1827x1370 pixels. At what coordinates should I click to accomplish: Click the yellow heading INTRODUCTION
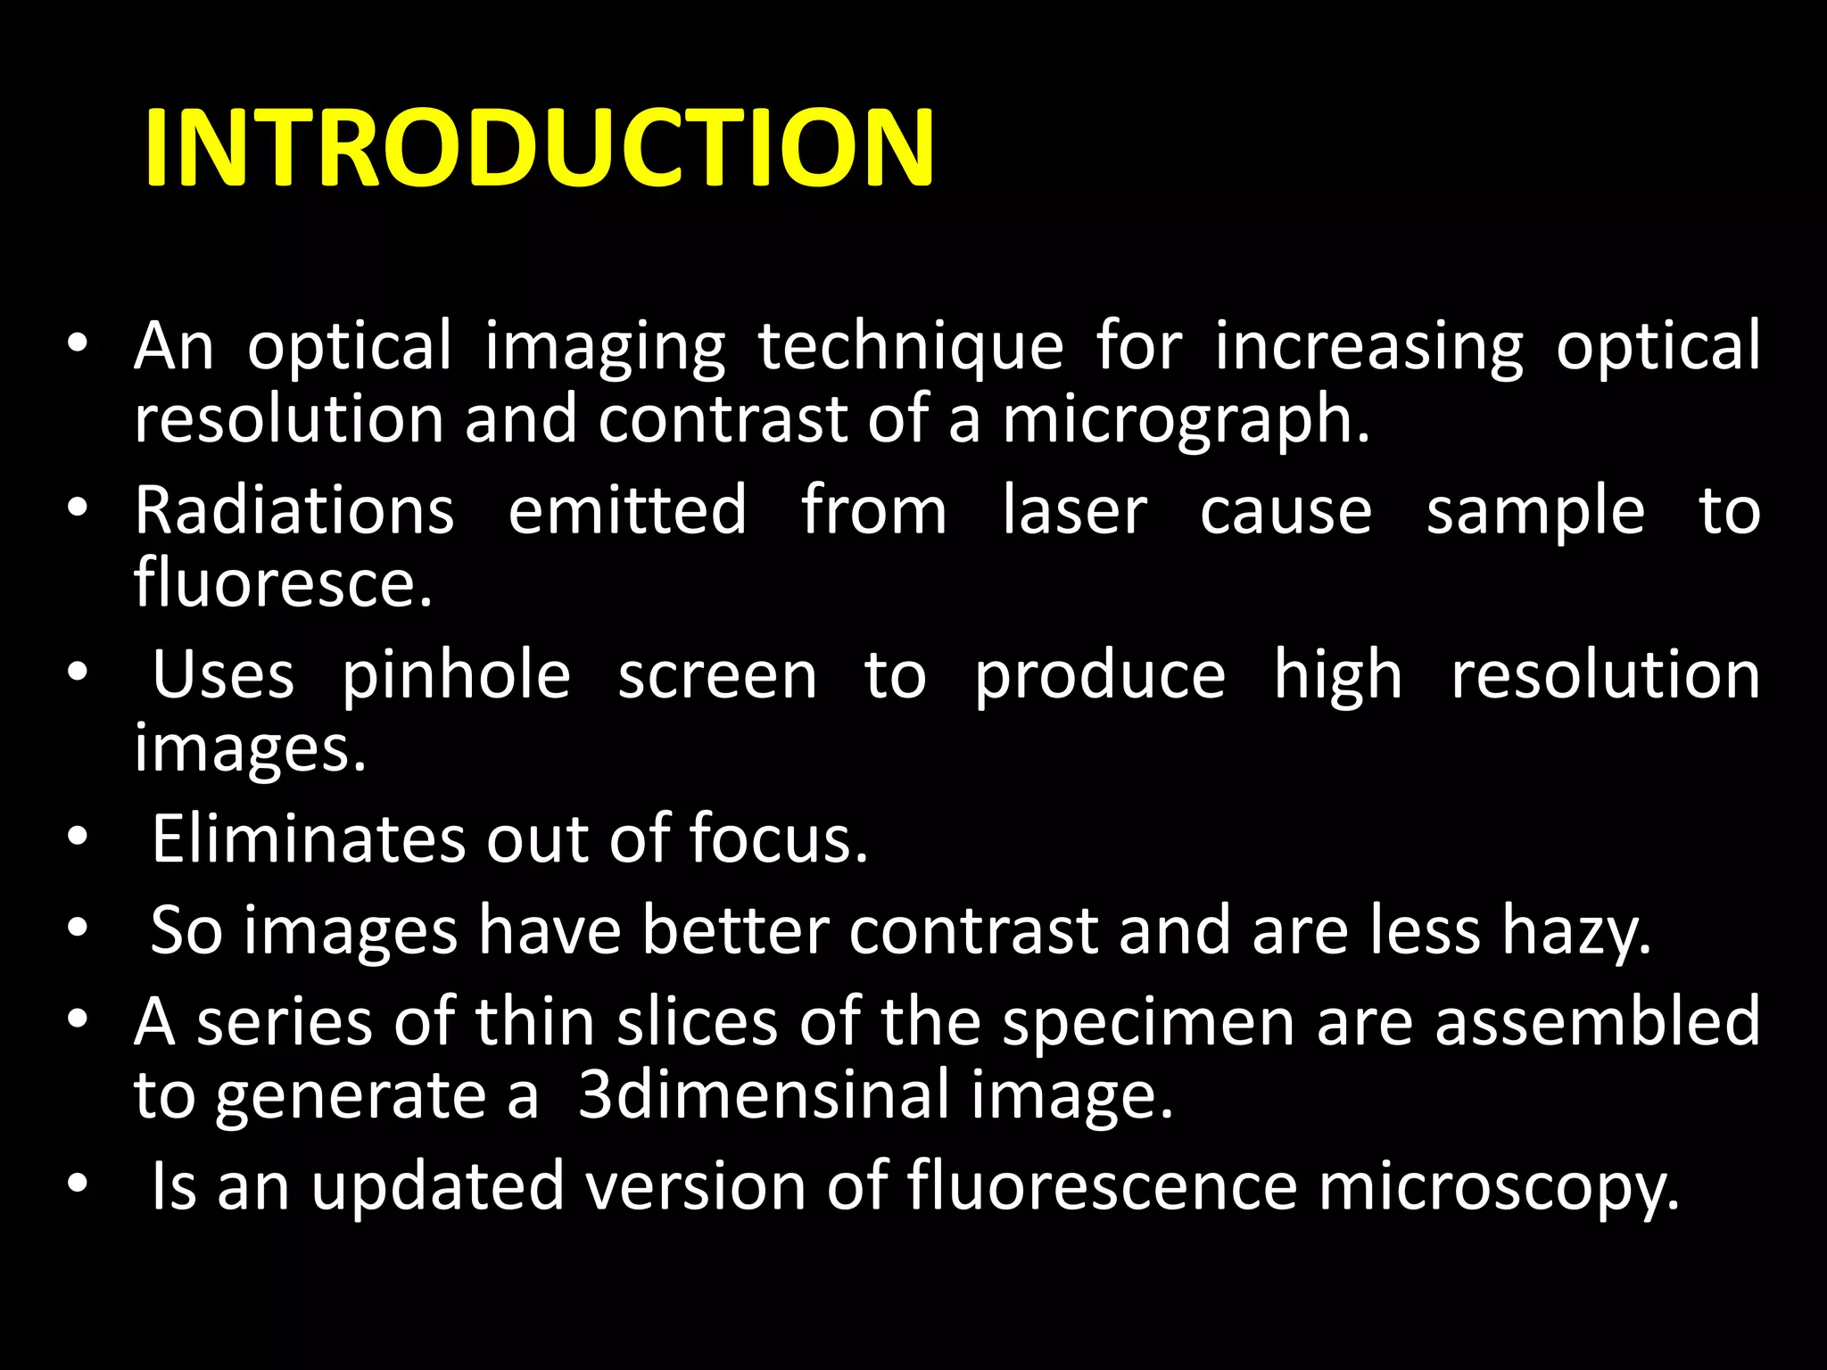pyautogui.click(x=539, y=148)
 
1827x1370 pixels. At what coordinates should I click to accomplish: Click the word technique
pyautogui.click(x=911, y=346)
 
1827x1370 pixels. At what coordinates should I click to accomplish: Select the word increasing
pyautogui.click(x=1369, y=346)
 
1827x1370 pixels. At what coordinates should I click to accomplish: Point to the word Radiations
pyautogui.click(x=294, y=510)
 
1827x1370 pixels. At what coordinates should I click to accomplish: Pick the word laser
pyautogui.click(x=1074, y=510)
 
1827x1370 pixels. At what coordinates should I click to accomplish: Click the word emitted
pyautogui.click(x=627, y=510)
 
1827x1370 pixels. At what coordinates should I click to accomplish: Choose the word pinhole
pyautogui.click(x=456, y=676)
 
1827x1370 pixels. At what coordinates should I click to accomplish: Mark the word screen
pyautogui.click(x=717, y=676)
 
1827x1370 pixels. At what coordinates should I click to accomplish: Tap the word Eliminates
pyautogui.click(x=308, y=838)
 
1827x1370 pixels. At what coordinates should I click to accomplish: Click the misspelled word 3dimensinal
pyautogui.click(x=764, y=1095)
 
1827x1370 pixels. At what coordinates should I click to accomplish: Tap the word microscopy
pyautogui.click(x=1499, y=1187)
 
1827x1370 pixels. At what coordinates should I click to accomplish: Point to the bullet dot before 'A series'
pyautogui.click(x=78, y=1019)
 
